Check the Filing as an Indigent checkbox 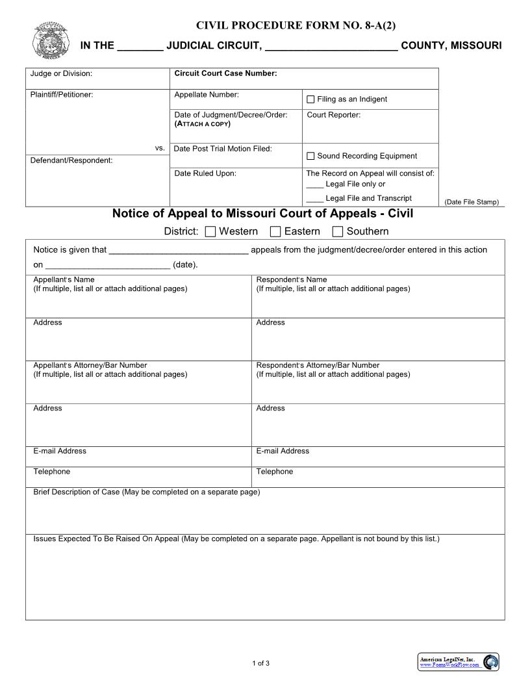pos(310,99)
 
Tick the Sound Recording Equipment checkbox pos(310,156)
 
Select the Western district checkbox pos(210,231)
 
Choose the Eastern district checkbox pos(275,231)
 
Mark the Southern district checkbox pos(338,231)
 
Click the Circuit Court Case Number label pos(225,73)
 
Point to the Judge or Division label pos(61,73)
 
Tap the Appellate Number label pos(207,95)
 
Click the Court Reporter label pos(333,115)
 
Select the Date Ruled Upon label pos(205,173)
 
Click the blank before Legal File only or pos(315,184)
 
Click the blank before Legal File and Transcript pos(315,199)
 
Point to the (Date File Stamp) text pos(472,202)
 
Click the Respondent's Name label pos(292,280)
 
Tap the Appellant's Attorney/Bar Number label pos(90,365)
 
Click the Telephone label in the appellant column pos(52,472)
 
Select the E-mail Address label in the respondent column pos(283,451)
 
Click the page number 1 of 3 pos(260,663)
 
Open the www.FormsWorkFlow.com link pos(449,665)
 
